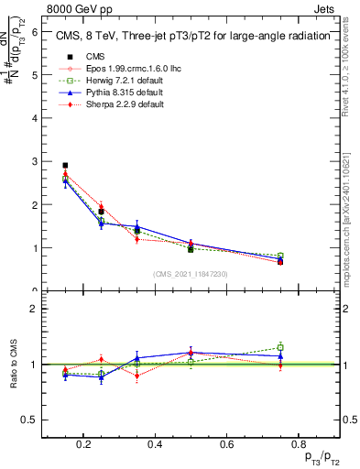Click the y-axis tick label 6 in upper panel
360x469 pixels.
(34, 31)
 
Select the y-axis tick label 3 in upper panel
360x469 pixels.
(34, 161)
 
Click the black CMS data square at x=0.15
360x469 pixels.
(65, 166)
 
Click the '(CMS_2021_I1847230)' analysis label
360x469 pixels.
(190, 275)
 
